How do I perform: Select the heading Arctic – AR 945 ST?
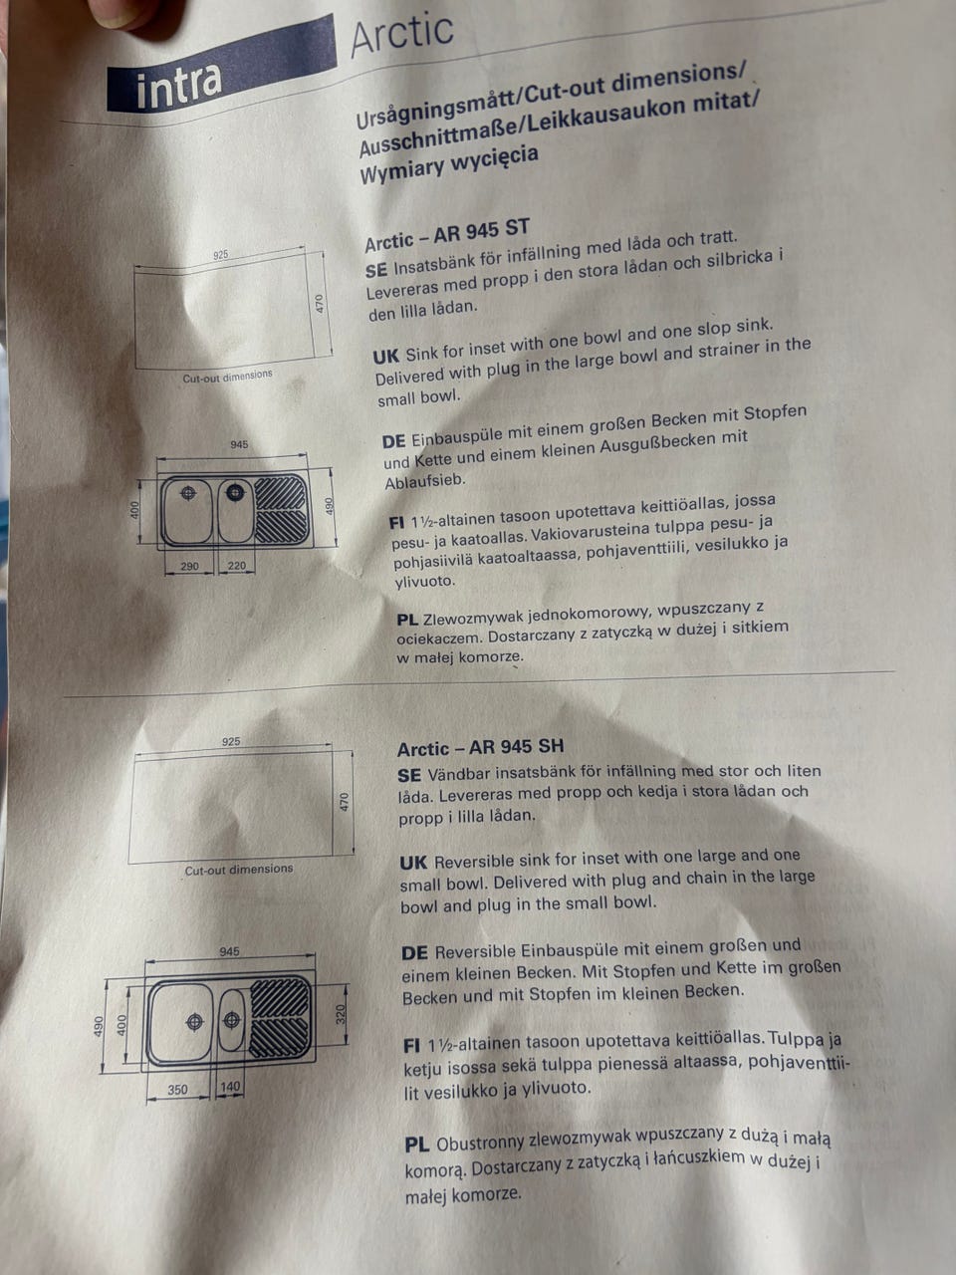click(x=447, y=235)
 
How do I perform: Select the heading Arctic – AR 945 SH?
click(x=480, y=748)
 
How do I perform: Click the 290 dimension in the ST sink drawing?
click(x=189, y=565)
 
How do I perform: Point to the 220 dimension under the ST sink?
click(x=236, y=565)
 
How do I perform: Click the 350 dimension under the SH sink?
click(x=177, y=1090)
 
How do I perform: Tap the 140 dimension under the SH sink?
click(x=230, y=1085)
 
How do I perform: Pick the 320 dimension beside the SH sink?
click(x=341, y=1014)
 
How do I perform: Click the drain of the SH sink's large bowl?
click(x=194, y=1022)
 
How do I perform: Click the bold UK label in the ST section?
click(x=385, y=356)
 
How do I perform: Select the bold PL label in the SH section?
click(x=417, y=1145)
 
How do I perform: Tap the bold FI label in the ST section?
click(x=397, y=523)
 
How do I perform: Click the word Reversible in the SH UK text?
click(x=474, y=862)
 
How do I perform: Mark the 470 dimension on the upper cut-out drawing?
click(x=320, y=303)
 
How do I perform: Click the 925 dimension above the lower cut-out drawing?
click(x=230, y=741)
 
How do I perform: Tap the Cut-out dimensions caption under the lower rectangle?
click(x=239, y=870)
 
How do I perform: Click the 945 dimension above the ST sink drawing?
click(x=239, y=444)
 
